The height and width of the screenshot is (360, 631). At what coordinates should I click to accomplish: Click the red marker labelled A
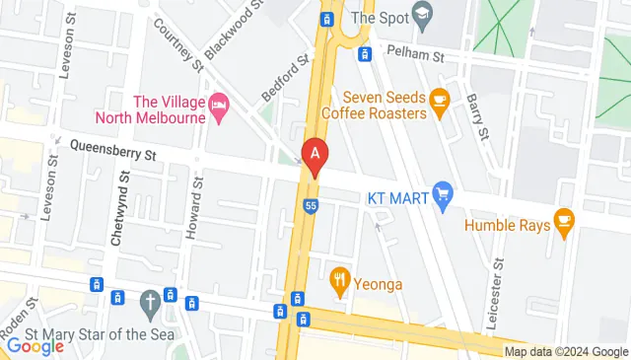[315, 155]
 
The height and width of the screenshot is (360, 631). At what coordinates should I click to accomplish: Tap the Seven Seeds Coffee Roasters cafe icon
[440, 98]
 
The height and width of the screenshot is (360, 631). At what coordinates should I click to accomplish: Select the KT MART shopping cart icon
[443, 197]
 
